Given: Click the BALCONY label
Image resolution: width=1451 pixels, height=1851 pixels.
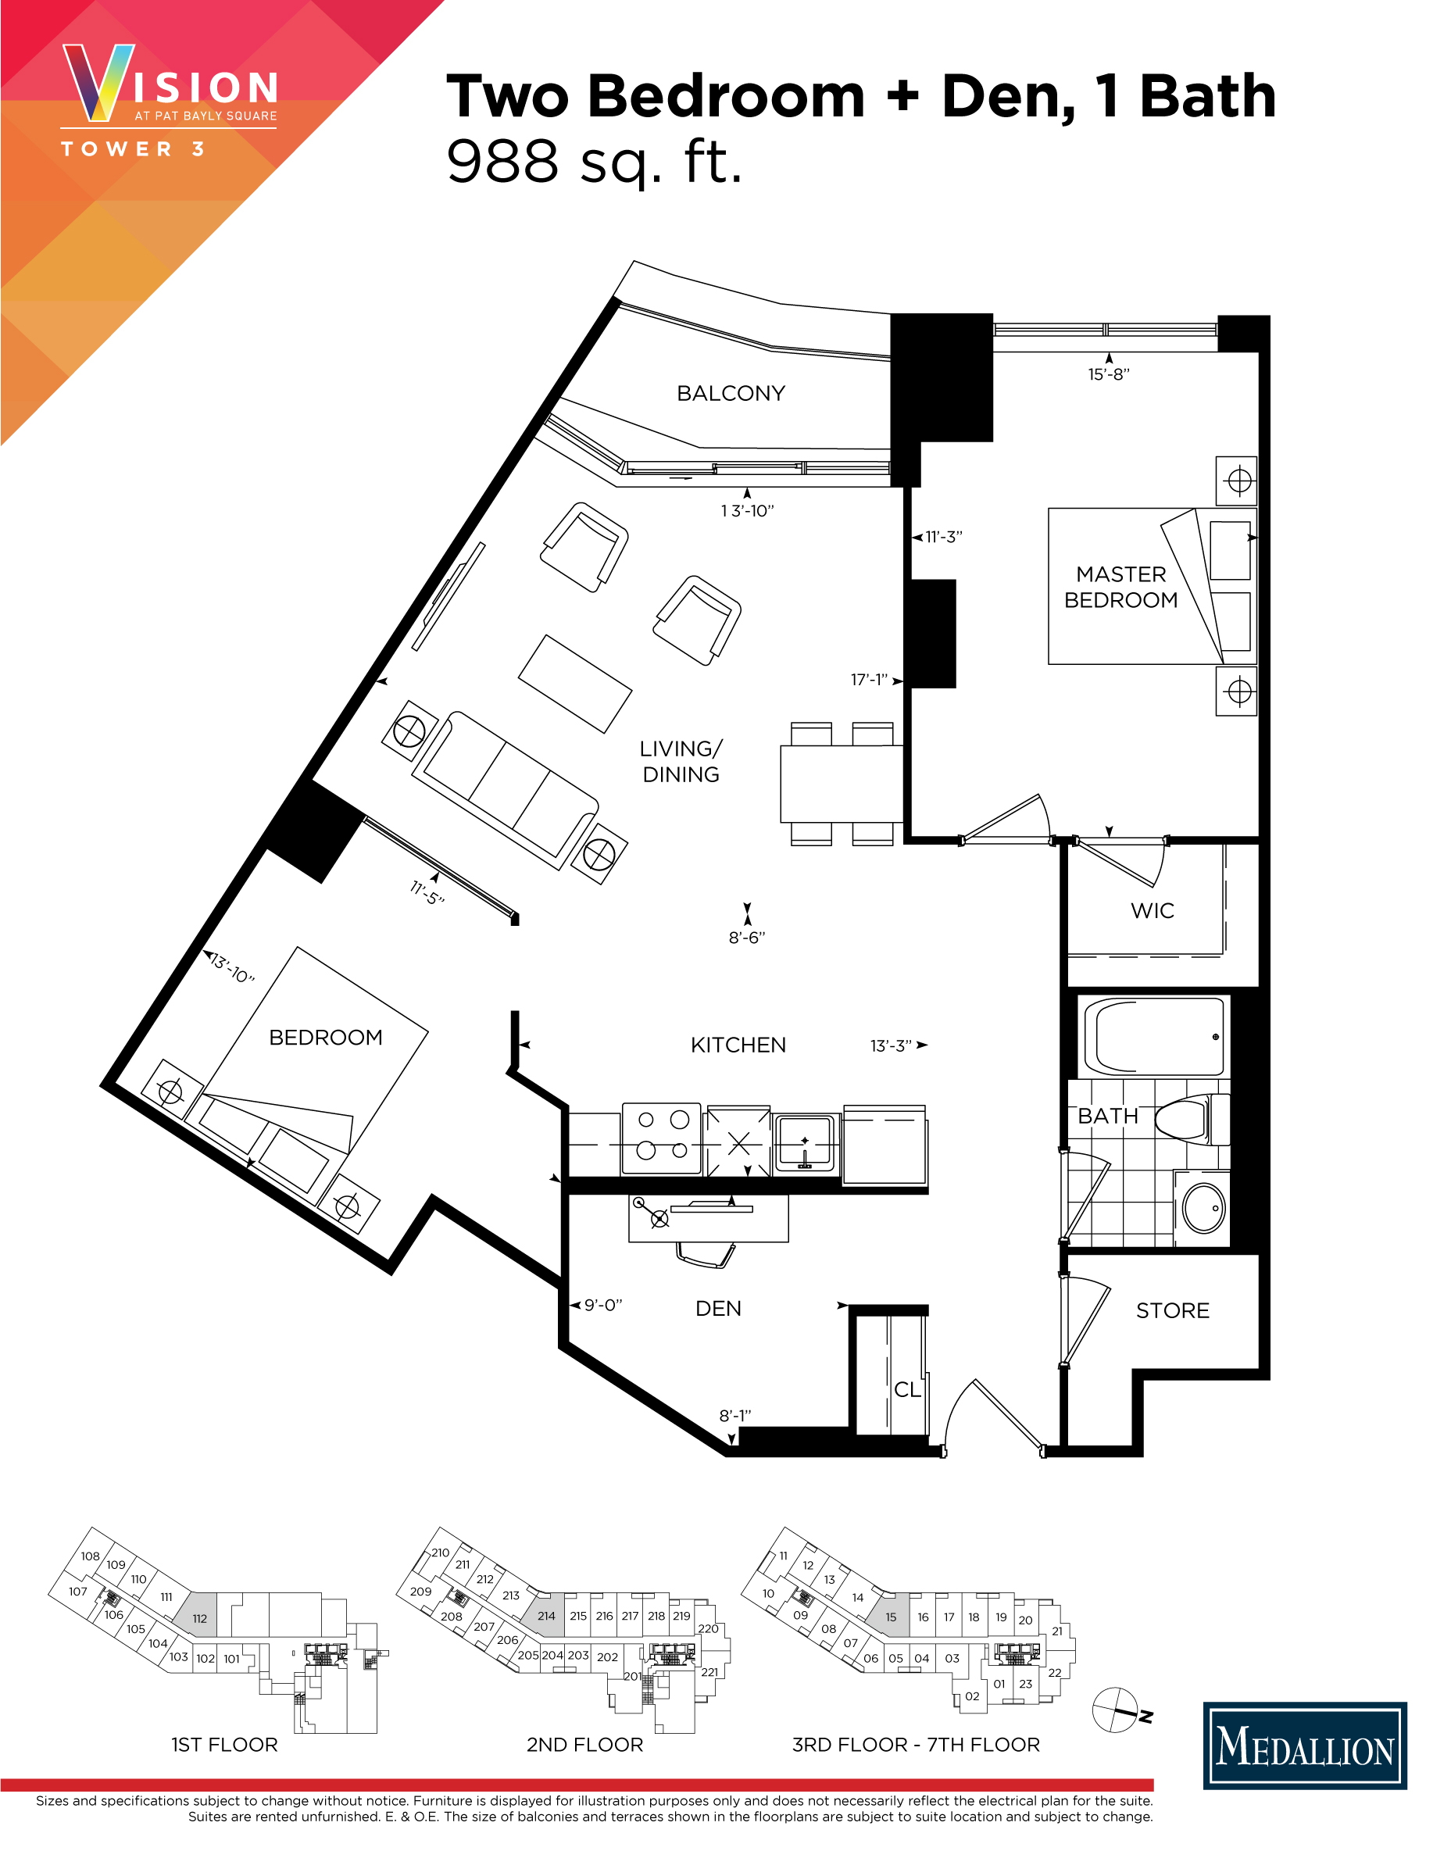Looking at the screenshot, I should point(731,393).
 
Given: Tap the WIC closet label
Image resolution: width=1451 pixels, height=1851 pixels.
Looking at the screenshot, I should point(1152,910).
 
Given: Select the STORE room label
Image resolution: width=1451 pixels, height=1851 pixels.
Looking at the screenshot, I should point(1172,1310).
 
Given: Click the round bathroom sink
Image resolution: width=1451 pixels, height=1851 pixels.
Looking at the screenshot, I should point(1203,1207).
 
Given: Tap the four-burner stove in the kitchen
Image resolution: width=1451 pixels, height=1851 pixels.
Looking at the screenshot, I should point(662,1138).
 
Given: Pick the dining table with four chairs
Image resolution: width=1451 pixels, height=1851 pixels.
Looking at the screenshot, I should point(841,783).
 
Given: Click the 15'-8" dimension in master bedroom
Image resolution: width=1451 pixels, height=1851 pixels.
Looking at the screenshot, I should point(1109,373).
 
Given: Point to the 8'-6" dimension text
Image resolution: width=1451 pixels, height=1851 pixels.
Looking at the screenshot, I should point(747,937).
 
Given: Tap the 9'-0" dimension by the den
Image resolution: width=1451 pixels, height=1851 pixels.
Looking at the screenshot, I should point(602,1305).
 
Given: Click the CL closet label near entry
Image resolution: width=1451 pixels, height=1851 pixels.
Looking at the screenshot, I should point(906,1390).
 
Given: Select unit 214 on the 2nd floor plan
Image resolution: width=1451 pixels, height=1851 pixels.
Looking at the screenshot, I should point(545,1616).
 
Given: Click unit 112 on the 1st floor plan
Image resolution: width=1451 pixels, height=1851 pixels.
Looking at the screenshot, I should point(200,1618).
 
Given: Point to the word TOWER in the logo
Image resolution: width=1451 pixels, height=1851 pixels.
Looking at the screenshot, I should point(117,149).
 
